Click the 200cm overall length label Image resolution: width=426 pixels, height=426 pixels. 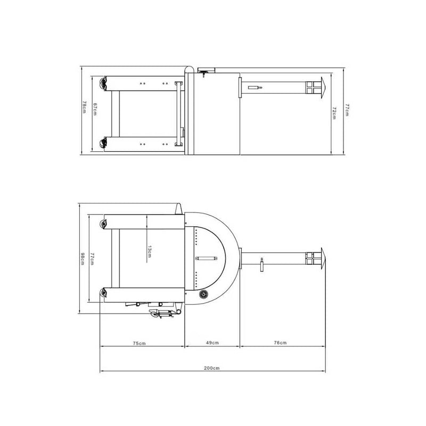(211, 368)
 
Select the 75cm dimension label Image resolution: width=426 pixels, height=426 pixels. (139, 343)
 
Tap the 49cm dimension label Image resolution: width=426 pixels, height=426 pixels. (212, 342)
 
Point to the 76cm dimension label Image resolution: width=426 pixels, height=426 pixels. (280, 342)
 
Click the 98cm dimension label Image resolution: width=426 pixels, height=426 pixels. (83, 259)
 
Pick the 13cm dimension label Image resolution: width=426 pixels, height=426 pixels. (150, 251)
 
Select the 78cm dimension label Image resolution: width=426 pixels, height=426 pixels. (84, 107)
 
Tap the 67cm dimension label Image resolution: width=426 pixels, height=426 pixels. (95, 109)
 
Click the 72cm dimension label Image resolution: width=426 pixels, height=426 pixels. (334, 113)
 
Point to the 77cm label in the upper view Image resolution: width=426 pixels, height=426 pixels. (347, 110)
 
